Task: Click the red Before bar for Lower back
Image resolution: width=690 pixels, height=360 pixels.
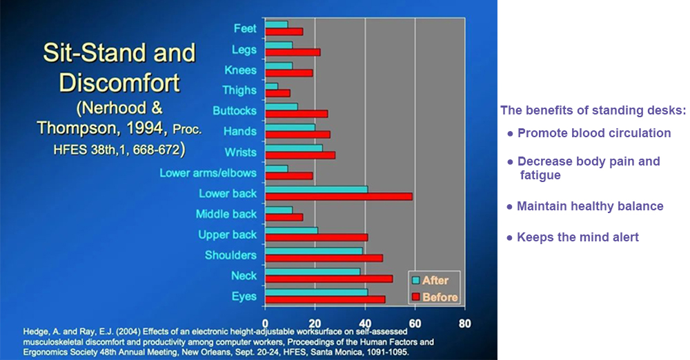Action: tap(339, 197)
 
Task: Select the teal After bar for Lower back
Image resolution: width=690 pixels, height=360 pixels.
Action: tap(317, 190)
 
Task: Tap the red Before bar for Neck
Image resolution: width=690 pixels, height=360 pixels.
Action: tap(328, 279)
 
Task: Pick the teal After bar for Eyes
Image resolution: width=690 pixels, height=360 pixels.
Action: tap(317, 292)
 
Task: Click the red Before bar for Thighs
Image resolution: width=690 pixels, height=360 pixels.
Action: tap(277, 93)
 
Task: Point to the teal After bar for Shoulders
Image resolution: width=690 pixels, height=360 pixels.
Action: tap(314, 251)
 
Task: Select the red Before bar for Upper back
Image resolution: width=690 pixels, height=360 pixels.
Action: tap(317, 238)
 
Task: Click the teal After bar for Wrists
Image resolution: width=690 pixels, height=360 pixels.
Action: tap(294, 148)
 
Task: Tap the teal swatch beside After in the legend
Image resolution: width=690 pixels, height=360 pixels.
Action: tap(415, 280)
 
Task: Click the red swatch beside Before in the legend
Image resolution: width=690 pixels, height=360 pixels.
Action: tap(415, 297)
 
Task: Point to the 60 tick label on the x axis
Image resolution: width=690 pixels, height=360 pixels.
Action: tap(415, 324)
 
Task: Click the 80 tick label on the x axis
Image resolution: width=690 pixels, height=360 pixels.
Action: tap(464, 324)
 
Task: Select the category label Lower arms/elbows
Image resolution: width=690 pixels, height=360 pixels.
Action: tap(208, 173)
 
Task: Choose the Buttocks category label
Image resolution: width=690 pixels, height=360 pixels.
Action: tap(235, 110)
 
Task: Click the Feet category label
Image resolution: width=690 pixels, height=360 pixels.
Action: tap(245, 28)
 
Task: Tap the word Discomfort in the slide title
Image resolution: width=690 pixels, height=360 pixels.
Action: tap(119, 83)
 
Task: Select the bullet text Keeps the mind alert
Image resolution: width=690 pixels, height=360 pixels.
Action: tap(578, 237)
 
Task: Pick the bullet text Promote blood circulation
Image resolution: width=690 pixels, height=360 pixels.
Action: tap(594, 133)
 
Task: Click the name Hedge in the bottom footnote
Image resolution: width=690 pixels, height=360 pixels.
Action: tap(34, 332)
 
